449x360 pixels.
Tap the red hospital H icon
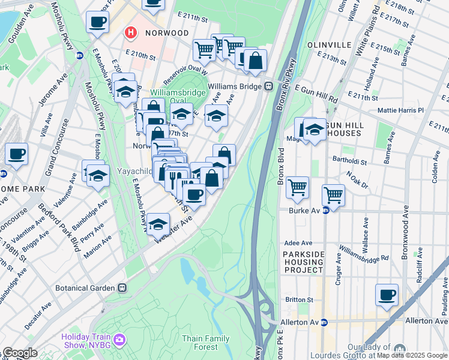pos(130,32)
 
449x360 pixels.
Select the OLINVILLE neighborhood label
pos(328,45)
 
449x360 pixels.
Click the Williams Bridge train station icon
pos(269,86)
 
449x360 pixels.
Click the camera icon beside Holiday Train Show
pos(119,340)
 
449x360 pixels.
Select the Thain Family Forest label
pos(205,343)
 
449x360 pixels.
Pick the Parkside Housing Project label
pos(304,262)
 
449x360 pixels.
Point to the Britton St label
pos(300,299)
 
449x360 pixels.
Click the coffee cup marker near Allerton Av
pos(387,295)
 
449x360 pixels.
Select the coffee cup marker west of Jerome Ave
pos(17,154)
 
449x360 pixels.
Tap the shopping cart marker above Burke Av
pos(333,194)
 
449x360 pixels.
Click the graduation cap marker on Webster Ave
pos(158,224)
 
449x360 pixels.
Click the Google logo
pos(20,353)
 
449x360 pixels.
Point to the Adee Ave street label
pos(298,243)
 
